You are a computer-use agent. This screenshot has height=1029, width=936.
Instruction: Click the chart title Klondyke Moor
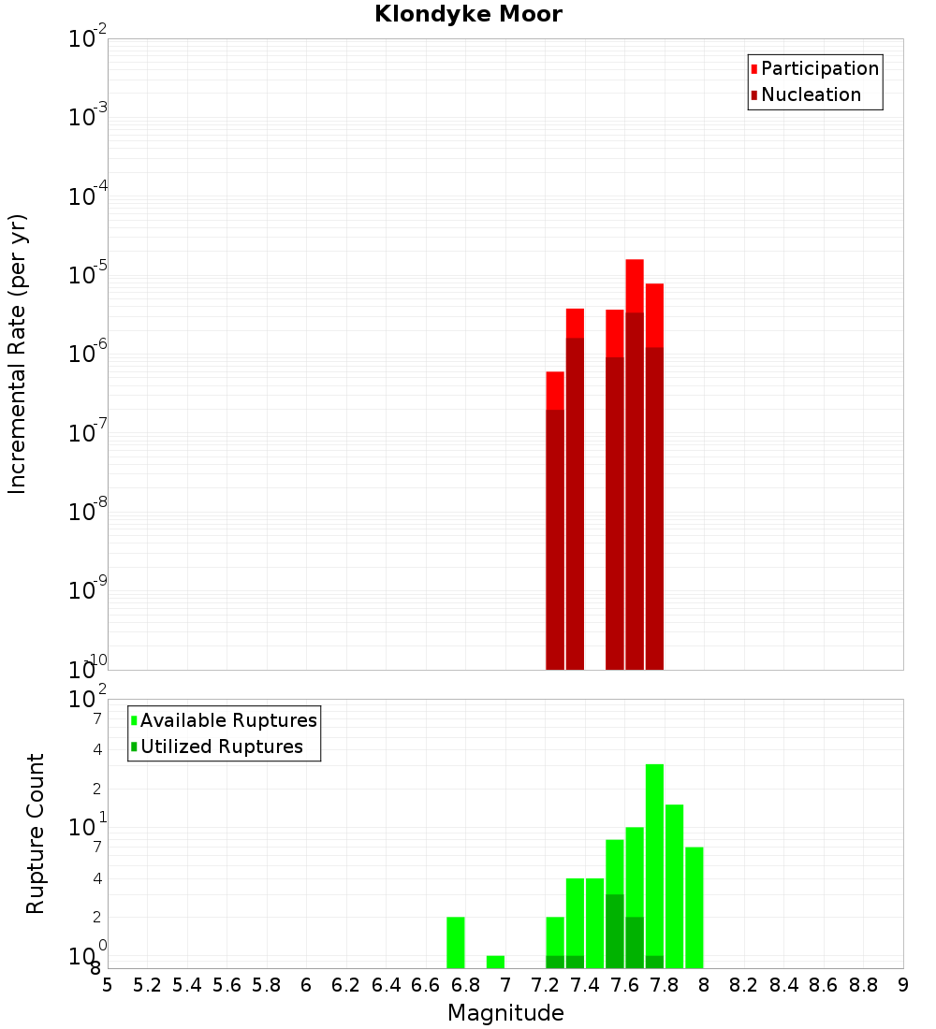[468, 14]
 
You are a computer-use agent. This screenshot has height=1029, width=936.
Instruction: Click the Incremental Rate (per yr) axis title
[18, 354]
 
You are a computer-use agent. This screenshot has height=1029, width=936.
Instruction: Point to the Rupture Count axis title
[36, 833]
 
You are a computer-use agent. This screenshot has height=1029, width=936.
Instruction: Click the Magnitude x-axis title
[505, 1013]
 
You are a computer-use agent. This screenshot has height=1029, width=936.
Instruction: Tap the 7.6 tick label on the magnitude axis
[625, 985]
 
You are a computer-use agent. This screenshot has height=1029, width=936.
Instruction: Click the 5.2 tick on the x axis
[148, 985]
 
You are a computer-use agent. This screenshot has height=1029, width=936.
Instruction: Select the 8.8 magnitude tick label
[863, 985]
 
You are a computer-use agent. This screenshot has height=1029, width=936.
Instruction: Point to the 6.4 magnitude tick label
[387, 985]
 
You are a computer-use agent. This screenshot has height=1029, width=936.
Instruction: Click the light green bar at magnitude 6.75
[456, 942]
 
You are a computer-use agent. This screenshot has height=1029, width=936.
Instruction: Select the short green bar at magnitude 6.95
[495, 962]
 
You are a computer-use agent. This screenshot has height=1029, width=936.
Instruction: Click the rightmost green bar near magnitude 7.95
[694, 907]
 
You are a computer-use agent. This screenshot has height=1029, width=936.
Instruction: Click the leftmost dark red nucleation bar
[555, 543]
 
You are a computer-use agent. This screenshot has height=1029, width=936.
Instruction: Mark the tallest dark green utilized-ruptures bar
[615, 931]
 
